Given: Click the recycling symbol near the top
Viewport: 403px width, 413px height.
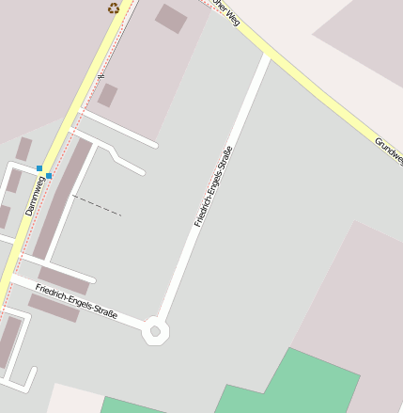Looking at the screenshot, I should (x=114, y=8).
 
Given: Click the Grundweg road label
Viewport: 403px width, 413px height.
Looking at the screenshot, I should (x=388, y=151).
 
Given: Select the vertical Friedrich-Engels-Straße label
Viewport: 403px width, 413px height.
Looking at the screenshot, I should (x=213, y=185).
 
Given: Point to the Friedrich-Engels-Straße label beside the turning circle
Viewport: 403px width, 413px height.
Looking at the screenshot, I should (x=77, y=299).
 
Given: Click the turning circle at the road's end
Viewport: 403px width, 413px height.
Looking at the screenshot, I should (x=155, y=330).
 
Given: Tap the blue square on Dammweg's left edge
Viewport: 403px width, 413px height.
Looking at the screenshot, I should (x=39, y=167).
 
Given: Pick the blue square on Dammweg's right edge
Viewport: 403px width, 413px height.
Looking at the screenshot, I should (x=49, y=176).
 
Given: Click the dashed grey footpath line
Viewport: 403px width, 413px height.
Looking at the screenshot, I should (x=97, y=205).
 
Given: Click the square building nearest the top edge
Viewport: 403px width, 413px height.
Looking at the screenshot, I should (x=171, y=18).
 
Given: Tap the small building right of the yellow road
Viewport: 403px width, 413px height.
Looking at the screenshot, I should (x=108, y=95).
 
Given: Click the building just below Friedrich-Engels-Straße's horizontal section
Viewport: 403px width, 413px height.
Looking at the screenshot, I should (x=54, y=308).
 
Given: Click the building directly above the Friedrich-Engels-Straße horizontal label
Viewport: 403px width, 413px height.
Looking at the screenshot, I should (x=64, y=278).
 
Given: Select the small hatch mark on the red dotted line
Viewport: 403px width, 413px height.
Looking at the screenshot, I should (x=100, y=74).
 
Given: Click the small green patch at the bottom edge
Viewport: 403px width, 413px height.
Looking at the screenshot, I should (x=127, y=405).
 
